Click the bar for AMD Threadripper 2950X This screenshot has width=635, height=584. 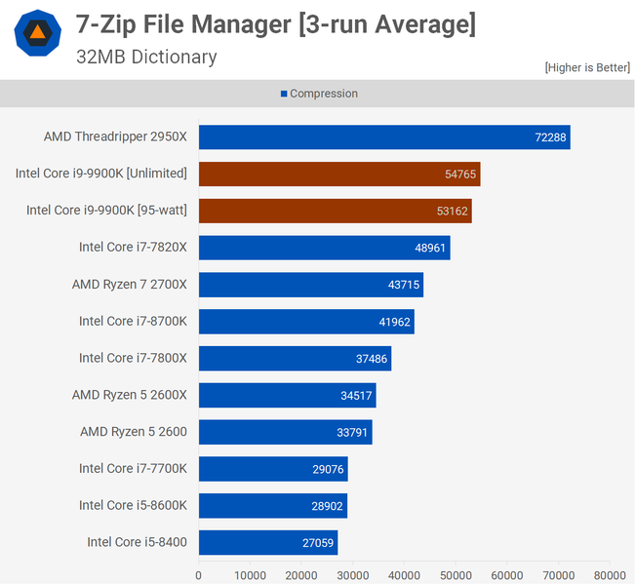384,137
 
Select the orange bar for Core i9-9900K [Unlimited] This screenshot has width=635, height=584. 339,175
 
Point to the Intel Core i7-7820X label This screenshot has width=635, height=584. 133,248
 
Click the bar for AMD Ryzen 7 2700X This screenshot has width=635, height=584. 310,285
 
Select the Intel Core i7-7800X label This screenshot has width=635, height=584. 133,358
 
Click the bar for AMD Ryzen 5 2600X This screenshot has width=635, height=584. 287,395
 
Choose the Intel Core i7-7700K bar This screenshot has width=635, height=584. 273,469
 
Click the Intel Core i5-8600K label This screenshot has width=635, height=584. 133,505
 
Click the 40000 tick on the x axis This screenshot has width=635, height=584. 405,575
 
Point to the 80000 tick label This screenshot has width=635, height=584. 611,575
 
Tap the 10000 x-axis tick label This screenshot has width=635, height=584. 250,575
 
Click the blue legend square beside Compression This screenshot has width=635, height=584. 284,95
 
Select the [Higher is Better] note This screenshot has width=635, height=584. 587,67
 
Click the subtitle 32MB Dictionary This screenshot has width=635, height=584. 146,57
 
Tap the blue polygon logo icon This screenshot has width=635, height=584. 37,33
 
